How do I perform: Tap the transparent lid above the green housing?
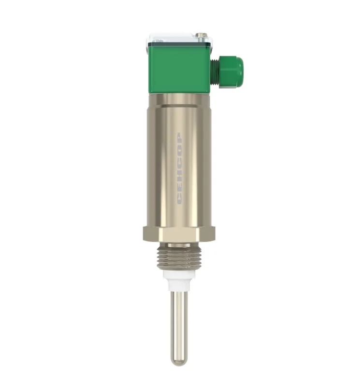(x=179, y=39)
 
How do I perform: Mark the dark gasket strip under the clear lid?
(x=179, y=45)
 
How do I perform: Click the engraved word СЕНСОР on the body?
(x=179, y=169)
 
